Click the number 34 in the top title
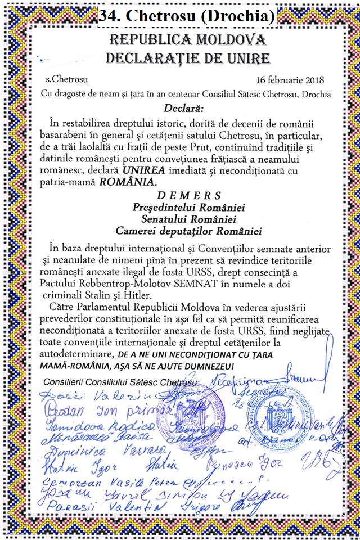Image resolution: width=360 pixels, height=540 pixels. [109, 17]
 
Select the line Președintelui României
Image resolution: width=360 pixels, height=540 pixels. [181, 207]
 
